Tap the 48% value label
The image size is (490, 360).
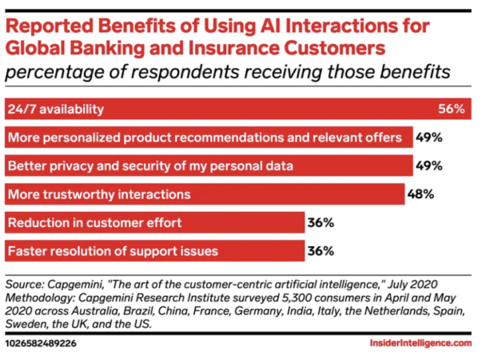422,194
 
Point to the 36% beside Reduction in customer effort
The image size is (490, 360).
321,222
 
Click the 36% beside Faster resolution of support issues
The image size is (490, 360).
321,251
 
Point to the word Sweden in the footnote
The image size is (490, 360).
26,324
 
